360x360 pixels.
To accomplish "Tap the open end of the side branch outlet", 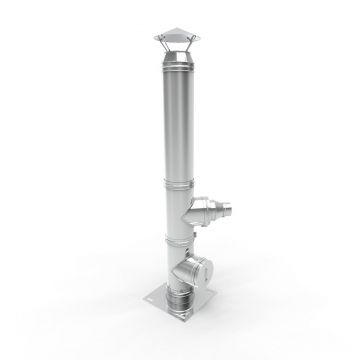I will [232, 212].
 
